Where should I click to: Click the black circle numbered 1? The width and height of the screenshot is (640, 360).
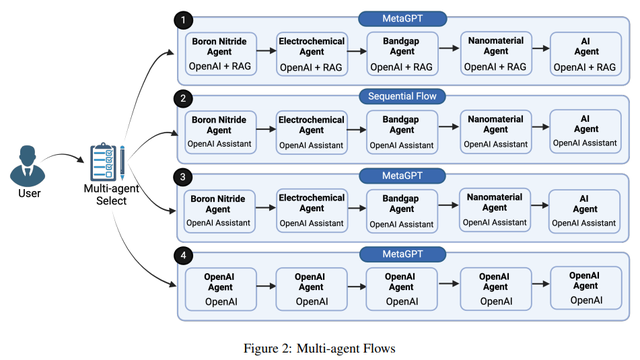[x=180, y=20]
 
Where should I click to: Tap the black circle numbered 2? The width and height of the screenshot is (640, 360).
[x=180, y=99]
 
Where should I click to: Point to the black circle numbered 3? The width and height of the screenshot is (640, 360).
[x=180, y=177]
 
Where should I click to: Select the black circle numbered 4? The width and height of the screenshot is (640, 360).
[x=180, y=256]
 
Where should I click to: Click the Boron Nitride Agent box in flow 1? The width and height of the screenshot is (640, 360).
[x=217, y=54]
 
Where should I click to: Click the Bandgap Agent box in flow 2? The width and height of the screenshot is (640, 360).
[x=401, y=132]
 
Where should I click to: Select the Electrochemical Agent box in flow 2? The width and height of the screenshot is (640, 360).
[x=310, y=132]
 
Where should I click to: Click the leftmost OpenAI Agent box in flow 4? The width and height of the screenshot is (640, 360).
[x=217, y=288]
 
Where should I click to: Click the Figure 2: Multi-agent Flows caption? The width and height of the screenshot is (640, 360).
[x=319, y=347]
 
